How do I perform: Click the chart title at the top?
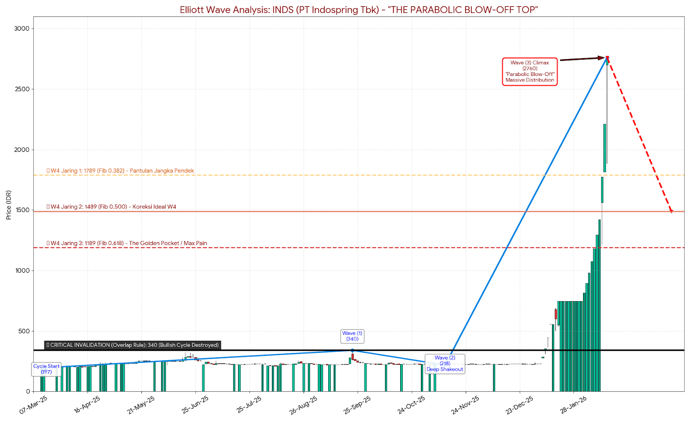pyautogui.click(x=359, y=9)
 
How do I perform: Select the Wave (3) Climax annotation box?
pyautogui.click(x=530, y=72)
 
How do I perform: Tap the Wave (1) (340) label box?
pyautogui.click(x=352, y=336)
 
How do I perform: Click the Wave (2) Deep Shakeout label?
pyautogui.click(x=445, y=364)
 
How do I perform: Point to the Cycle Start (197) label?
pyautogui.click(x=47, y=369)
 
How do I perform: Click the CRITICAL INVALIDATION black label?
pyautogui.click(x=133, y=345)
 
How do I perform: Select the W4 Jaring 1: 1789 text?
pyautogui.click(x=120, y=171)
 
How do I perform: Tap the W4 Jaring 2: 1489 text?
pyautogui.click(x=112, y=207)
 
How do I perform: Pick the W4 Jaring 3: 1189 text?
pyautogui.click(x=127, y=243)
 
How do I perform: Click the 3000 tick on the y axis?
pyautogui.click(x=22, y=28)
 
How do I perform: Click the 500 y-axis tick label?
pyautogui.click(x=24, y=331)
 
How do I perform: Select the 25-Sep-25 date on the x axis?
pyautogui.click(x=357, y=405)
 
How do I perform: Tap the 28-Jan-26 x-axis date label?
pyautogui.click(x=574, y=405)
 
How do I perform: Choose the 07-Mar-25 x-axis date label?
pyautogui.click(x=34, y=405)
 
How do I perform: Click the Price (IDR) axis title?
pyautogui.click(x=9, y=205)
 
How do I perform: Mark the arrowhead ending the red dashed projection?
pyautogui.click(x=671, y=211)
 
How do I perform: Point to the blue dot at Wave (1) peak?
pyautogui.click(x=352, y=350)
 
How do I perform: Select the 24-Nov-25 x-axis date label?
pyautogui.click(x=465, y=405)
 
